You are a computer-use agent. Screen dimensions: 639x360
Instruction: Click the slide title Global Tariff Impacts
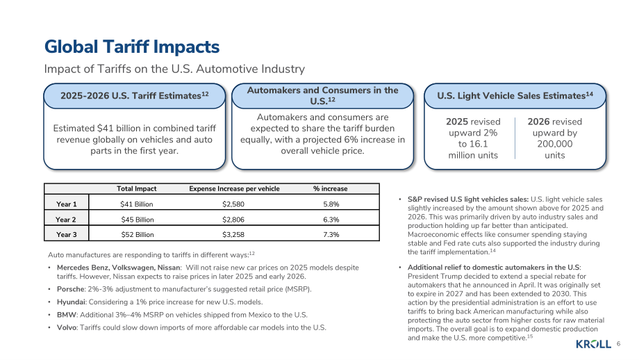[x=132, y=47]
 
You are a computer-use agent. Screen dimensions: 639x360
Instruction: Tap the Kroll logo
[x=593, y=344]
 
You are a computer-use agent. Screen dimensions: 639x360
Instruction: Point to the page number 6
[x=618, y=344]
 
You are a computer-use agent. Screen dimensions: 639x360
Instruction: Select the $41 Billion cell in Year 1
[x=137, y=204]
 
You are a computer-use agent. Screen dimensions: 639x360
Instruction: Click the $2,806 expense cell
[x=233, y=220]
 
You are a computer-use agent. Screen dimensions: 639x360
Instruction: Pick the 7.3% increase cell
[x=331, y=234]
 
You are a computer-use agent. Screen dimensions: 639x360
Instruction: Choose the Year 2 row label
[x=66, y=220]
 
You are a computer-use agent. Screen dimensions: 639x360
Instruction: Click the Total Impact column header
[x=137, y=189]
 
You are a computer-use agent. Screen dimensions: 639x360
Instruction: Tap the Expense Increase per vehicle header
[x=234, y=189]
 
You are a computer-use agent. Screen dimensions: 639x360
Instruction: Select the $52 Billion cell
[x=138, y=234]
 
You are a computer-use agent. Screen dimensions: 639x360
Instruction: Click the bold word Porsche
[x=71, y=289]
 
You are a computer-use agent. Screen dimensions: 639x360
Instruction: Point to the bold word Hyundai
[x=71, y=302]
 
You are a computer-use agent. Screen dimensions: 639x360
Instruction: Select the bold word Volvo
[x=67, y=327]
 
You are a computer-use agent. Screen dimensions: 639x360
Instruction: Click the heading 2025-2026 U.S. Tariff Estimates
[x=135, y=96]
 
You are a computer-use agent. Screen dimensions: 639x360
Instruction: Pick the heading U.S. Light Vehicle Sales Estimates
[x=515, y=96]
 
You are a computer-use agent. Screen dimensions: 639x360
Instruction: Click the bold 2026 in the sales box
[x=538, y=122]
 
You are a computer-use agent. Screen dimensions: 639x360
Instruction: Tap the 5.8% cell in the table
[x=331, y=204]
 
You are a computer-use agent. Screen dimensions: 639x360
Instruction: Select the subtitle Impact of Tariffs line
[x=174, y=69]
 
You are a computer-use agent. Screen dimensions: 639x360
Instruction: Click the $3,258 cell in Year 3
[x=233, y=234]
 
